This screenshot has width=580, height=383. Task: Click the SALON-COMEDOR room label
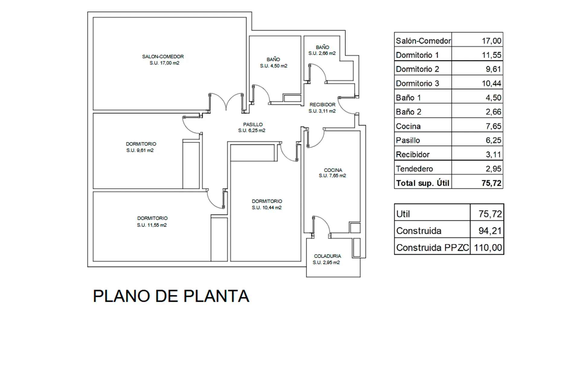pyautogui.click(x=163, y=56)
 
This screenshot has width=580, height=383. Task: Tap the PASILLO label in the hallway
pyautogui.click(x=253, y=124)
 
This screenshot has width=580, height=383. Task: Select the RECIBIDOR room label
pyautogui.click(x=322, y=105)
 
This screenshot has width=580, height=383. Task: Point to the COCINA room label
pyautogui.click(x=333, y=170)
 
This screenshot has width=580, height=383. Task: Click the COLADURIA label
pyautogui.click(x=327, y=256)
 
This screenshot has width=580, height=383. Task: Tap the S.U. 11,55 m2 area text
pyautogui.click(x=152, y=225)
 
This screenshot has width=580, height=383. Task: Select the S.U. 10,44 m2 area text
pyautogui.click(x=267, y=208)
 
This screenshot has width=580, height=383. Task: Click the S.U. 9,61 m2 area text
pyautogui.click(x=140, y=150)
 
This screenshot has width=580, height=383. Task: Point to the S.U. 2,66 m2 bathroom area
pyautogui.click(x=322, y=53)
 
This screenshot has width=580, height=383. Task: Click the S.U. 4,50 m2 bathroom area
pyautogui.click(x=274, y=66)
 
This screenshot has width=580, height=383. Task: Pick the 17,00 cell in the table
pyautogui.click(x=491, y=41)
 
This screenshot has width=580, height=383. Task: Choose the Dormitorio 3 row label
pyautogui.click(x=417, y=83)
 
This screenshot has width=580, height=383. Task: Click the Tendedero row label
pyautogui.click(x=414, y=169)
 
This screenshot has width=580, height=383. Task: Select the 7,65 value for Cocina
pyautogui.click(x=493, y=126)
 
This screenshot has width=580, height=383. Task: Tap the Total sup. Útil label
pyautogui.click(x=423, y=183)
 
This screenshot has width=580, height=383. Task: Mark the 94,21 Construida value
pyautogui.click(x=490, y=231)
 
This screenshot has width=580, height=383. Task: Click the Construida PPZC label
pyautogui.click(x=433, y=248)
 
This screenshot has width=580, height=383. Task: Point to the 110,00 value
pyautogui.click(x=488, y=248)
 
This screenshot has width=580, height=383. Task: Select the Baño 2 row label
pyautogui.click(x=408, y=112)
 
